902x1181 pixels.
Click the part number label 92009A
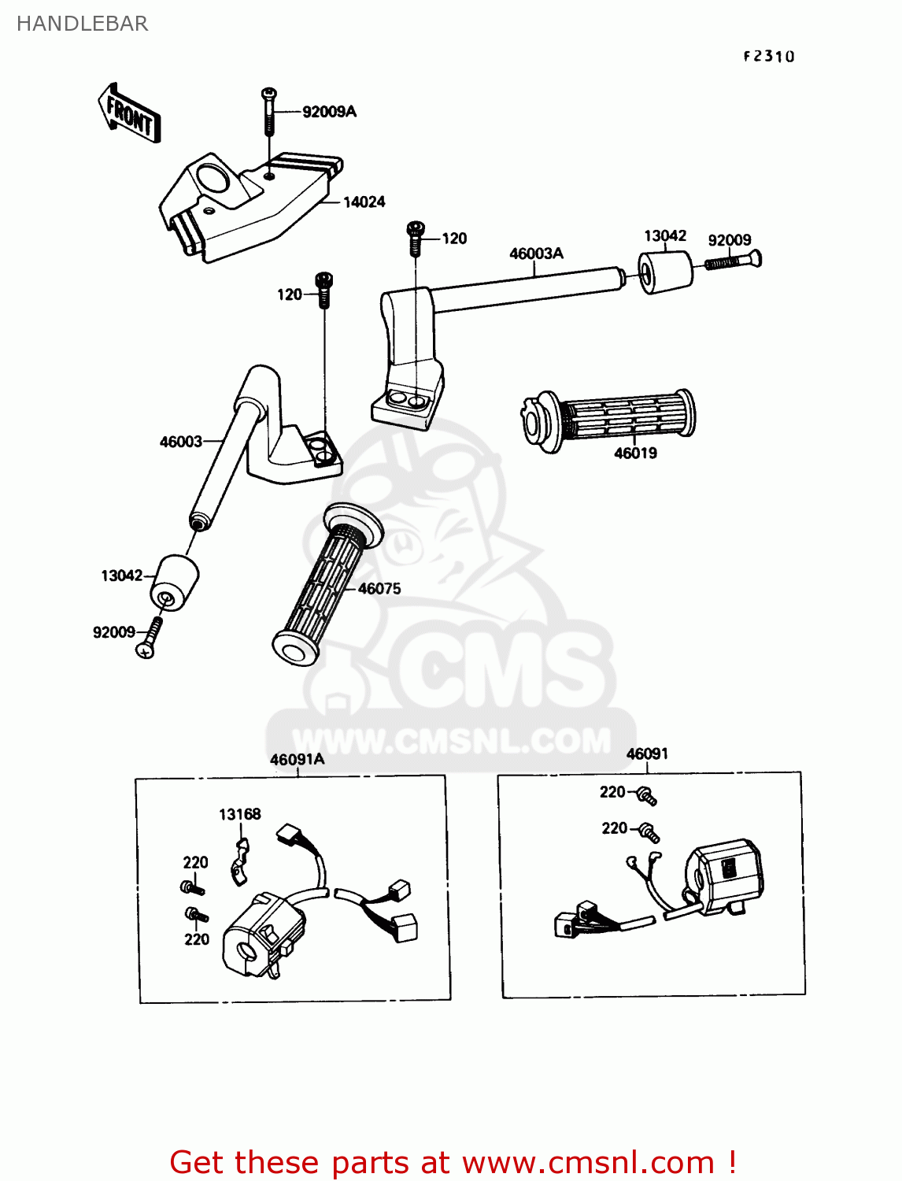coord(329,112)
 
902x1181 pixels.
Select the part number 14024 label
coord(364,202)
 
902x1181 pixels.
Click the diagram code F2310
coord(769,56)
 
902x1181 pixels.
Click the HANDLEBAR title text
coord(83,24)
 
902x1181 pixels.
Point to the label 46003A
coord(536,254)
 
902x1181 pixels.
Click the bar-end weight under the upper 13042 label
coord(664,272)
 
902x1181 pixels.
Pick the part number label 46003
coord(181,442)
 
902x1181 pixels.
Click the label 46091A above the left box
coord(297,759)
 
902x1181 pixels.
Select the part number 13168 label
coord(239,814)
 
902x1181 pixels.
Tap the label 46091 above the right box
coord(647,753)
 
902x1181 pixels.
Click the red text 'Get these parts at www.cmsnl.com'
coord(453,1162)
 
